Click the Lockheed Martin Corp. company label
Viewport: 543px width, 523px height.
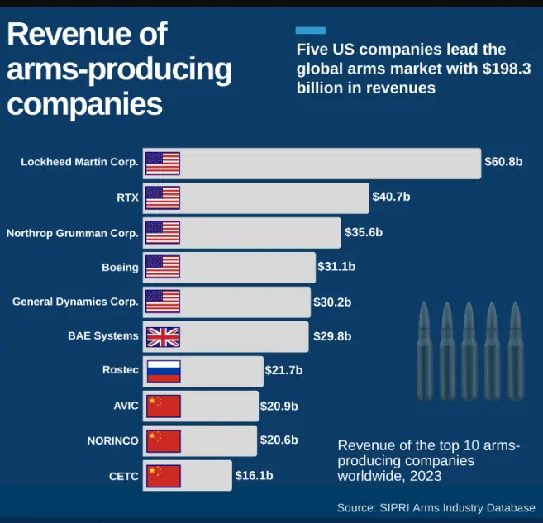click(x=79, y=163)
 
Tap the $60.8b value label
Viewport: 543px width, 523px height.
click(x=503, y=162)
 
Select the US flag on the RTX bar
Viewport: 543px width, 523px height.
click(x=163, y=198)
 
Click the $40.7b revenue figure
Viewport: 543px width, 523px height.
click(x=391, y=197)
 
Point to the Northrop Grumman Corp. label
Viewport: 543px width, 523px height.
click(x=73, y=233)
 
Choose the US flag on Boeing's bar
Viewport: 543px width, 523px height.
click(x=163, y=267)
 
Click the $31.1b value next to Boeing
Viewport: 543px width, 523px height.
click(x=336, y=267)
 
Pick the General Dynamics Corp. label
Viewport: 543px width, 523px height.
click(x=75, y=302)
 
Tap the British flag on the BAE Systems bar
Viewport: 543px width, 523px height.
click(x=163, y=336)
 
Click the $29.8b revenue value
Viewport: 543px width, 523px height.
click(x=332, y=336)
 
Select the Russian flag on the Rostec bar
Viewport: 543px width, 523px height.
click(x=163, y=371)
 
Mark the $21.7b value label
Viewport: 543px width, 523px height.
click(x=283, y=371)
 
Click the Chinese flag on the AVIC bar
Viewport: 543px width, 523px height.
click(x=163, y=406)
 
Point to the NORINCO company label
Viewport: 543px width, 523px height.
click(x=112, y=440)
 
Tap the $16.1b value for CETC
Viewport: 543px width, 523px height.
click(x=254, y=475)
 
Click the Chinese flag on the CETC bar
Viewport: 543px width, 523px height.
click(x=163, y=475)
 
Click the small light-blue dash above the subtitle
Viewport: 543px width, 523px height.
click(x=311, y=31)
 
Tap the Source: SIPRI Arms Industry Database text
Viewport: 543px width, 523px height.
click(x=436, y=507)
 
